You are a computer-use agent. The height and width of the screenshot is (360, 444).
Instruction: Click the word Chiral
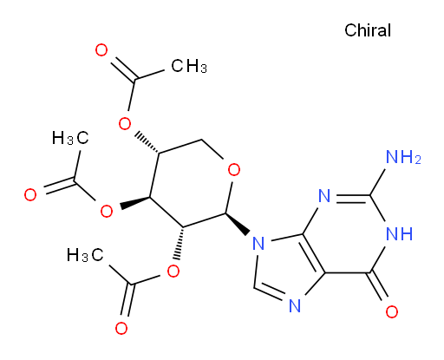point(368,30)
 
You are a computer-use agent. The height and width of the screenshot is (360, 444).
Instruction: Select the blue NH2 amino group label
point(403,158)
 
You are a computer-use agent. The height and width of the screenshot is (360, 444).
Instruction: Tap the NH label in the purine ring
point(400,233)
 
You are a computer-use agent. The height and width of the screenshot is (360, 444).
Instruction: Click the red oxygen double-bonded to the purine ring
point(392,311)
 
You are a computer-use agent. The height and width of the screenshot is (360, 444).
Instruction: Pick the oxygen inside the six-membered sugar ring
point(234,170)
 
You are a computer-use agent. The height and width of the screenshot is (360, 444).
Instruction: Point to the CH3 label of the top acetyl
point(189,66)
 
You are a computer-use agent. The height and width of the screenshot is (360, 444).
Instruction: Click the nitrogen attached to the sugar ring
point(258,243)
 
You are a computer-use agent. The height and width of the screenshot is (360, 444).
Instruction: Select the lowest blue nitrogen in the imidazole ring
point(295,306)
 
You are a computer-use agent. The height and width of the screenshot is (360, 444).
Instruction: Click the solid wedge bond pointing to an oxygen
point(135,203)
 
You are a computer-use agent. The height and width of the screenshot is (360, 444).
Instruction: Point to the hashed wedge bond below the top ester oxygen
point(147,143)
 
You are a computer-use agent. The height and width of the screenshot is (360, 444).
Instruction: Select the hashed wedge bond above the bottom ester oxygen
point(179,243)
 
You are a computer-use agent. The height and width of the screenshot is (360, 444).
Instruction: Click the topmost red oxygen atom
point(101,50)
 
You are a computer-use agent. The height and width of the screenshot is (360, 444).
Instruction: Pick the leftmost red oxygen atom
point(30,194)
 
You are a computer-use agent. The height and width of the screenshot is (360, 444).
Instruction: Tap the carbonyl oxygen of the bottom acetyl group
point(121,328)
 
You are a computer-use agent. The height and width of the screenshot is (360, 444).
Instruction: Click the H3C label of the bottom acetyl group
point(85,255)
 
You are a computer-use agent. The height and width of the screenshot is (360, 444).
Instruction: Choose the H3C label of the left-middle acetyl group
point(70,137)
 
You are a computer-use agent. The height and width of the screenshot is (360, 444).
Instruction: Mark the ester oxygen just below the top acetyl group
point(125,124)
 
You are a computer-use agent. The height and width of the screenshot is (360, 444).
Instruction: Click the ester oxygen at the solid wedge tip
point(107,211)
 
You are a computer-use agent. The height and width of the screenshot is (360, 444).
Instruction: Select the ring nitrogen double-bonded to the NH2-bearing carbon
point(324,196)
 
